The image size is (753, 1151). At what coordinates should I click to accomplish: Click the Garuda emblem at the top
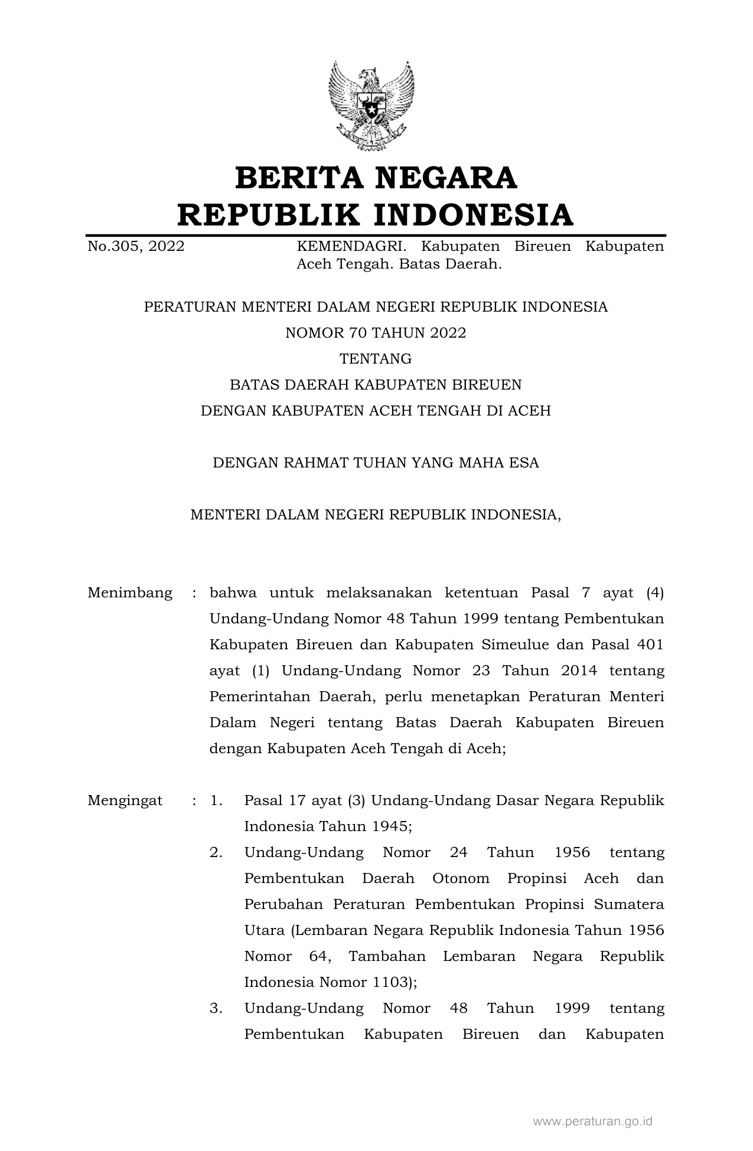(x=371, y=106)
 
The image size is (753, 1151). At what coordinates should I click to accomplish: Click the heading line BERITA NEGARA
(x=376, y=178)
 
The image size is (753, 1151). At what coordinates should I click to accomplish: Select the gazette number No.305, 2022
(x=136, y=246)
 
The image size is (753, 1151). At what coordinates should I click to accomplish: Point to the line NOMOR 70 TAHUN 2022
(x=376, y=333)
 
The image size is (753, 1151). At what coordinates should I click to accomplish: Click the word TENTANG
(x=376, y=359)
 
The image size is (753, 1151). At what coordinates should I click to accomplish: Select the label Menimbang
(x=130, y=593)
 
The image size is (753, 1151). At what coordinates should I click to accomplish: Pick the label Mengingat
(x=125, y=800)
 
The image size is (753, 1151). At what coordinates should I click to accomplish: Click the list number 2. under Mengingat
(x=216, y=852)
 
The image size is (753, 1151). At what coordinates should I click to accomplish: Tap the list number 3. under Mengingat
(x=216, y=1008)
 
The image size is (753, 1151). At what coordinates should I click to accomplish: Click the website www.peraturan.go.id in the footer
(x=592, y=1121)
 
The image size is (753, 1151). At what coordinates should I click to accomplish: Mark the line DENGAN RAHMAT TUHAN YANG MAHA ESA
(x=376, y=463)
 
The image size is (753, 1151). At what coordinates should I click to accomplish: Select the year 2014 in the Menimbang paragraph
(x=579, y=671)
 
